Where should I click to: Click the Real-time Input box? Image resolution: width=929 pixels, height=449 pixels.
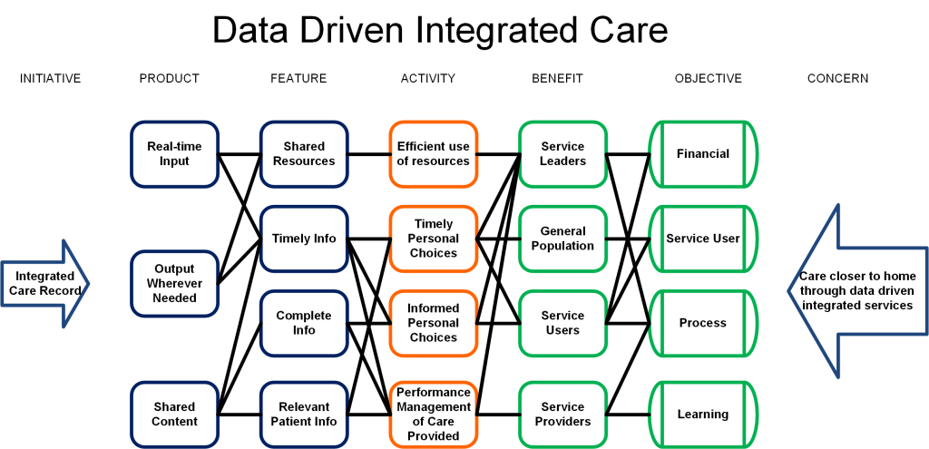click(174, 154)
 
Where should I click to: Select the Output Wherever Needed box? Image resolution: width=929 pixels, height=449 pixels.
click(174, 283)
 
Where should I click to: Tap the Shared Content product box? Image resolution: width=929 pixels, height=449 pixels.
click(174, 414)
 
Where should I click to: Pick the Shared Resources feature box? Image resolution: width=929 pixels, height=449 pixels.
click(304, 154)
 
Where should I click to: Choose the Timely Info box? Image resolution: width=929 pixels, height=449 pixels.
click(304, 239)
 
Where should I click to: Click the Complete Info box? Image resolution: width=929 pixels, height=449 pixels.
click(304, 324)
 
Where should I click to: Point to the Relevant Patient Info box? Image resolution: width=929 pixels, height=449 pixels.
click(304, 414)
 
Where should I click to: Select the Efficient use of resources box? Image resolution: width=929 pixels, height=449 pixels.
click(433, 154)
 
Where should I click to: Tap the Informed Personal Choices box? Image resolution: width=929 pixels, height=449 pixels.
click(433, 324)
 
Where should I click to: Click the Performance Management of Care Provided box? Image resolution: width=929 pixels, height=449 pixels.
click(433, 414)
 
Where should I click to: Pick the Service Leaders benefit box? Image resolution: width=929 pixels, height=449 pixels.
click(562, 154)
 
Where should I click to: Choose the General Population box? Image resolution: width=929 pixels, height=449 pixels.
click(562, 239)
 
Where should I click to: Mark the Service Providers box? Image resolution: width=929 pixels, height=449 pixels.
click(562, 414)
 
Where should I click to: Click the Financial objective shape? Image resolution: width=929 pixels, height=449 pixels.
click(703, 154)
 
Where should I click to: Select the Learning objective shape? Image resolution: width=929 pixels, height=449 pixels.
click(703, 414)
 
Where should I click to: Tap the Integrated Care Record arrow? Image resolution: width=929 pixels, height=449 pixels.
click(44, 283)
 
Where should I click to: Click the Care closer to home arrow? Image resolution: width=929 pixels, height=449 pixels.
click(858, 291)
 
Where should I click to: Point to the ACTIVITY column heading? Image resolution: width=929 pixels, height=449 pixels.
click(428, 78)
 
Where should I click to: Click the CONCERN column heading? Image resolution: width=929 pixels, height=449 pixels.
click(837, 78)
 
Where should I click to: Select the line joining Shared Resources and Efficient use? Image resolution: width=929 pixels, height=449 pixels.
click(368, 154)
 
